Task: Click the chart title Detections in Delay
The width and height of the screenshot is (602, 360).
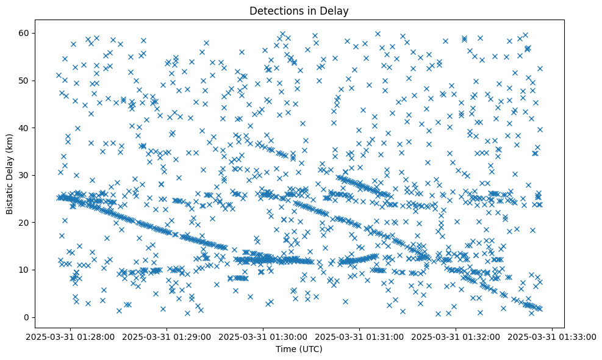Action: click(x=299, y=10)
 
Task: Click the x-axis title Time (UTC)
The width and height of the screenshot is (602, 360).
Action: click(x=299, y=350)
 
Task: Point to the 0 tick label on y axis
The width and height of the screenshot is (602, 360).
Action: click(x=26, y=317)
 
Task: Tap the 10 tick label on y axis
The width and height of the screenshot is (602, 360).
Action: click(x=24, y=270)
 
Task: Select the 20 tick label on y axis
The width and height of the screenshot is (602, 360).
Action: click(x=24, y=223)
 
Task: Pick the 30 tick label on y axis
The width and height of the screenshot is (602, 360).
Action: click(x=24, y=175)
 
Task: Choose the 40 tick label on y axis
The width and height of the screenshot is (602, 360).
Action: click(x=24, y=128)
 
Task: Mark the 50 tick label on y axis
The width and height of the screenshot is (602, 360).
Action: click(x=24, y=81)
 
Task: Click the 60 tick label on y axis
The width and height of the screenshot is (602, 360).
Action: click(x=24, y=33)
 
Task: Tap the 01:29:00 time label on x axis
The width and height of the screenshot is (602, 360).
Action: click(x=167, y=336)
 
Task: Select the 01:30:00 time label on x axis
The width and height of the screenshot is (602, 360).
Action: click(x=263, y=336)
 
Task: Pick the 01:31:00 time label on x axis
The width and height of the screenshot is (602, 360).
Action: click(x=360, y=336)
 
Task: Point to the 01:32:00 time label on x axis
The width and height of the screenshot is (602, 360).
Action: click(x=456, y=336)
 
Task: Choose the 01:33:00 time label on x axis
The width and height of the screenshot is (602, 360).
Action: click(x=553, y=336)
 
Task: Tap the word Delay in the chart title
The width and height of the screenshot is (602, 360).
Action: click(x=336, y=10)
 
